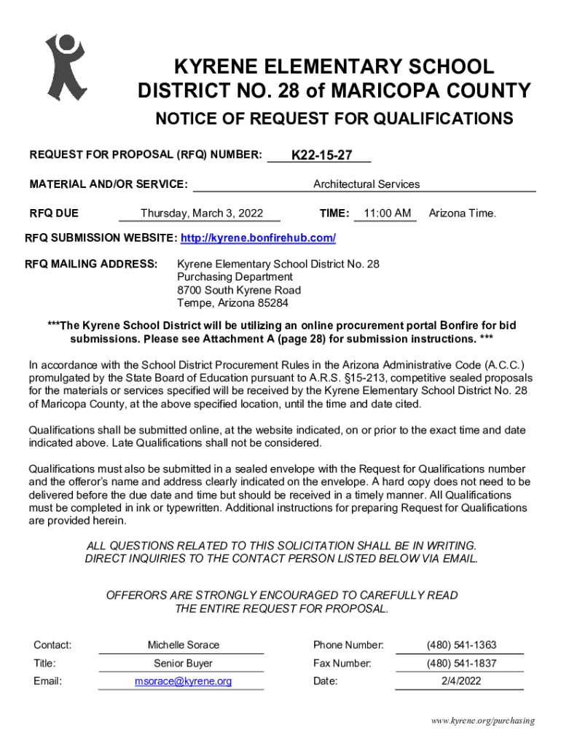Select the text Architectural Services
pyautogui.click(x=366, y=184)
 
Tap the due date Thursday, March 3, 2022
pyautogui.click(x=202, y=213)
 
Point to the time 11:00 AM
pyautogui.click(x=388, y=213)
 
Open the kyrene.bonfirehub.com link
pyautogui.click(x=258, y=238)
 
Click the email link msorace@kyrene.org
pyautogui.click(x=183, y=681)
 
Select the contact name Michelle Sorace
pyautogui.click(x=183, y=645)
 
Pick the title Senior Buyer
pyautogui.click(x=183, y=663)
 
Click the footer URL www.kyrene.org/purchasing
pyautogui.click(x=482, y=721)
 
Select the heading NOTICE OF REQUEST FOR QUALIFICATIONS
pyautogui.click(x=333, y=119)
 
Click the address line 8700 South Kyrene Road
pyautogui.click(x=239, y=290)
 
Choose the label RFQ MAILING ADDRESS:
pyautogui.click(x=91, y=263)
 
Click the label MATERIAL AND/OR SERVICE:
pyautogui.click(x=109, y=184)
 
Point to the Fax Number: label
pyautogui.click(x=342, y=663)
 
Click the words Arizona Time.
pyautogui.click(x=462, y=213)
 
